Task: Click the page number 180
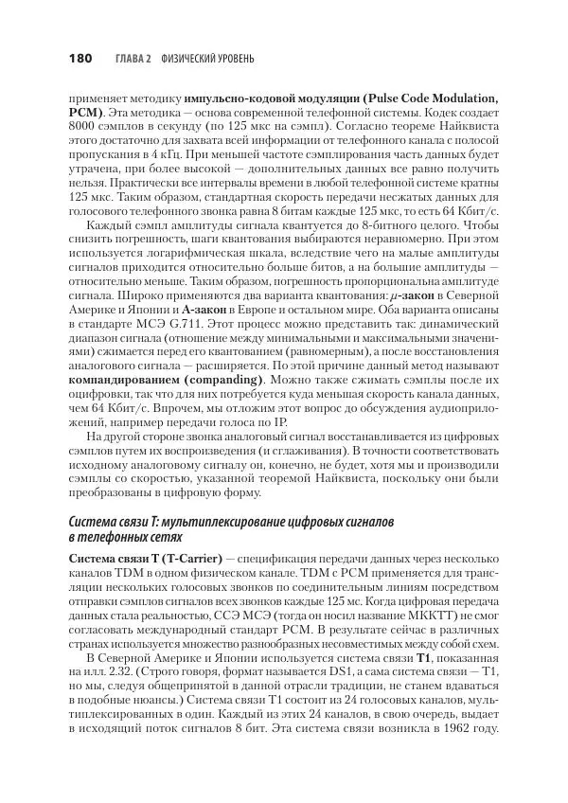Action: pyautogui.click(x=80, y=59)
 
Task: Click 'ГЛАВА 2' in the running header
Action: pyautogui.click(x=133, y=59)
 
